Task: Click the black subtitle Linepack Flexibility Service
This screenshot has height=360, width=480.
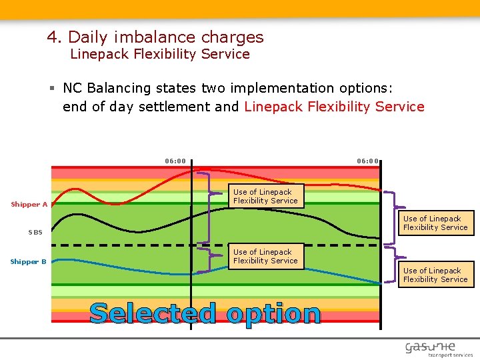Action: click(160, 54)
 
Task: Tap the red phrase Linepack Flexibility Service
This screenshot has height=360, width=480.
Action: click(334, 107)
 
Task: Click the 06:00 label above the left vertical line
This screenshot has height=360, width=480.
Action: click(175, 161)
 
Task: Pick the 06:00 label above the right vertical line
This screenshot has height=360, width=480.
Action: click(367, 161)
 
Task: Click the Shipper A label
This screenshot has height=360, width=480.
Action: click(29, 205)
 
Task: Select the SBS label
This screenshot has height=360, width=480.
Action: click(35, 232)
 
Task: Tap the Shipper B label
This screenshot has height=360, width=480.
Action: click(29, 262)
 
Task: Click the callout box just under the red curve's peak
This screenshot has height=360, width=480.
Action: click(265, 197)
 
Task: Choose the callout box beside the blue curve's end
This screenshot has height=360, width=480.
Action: click(435, 275)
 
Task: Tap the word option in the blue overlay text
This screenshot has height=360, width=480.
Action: click(273, 314)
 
